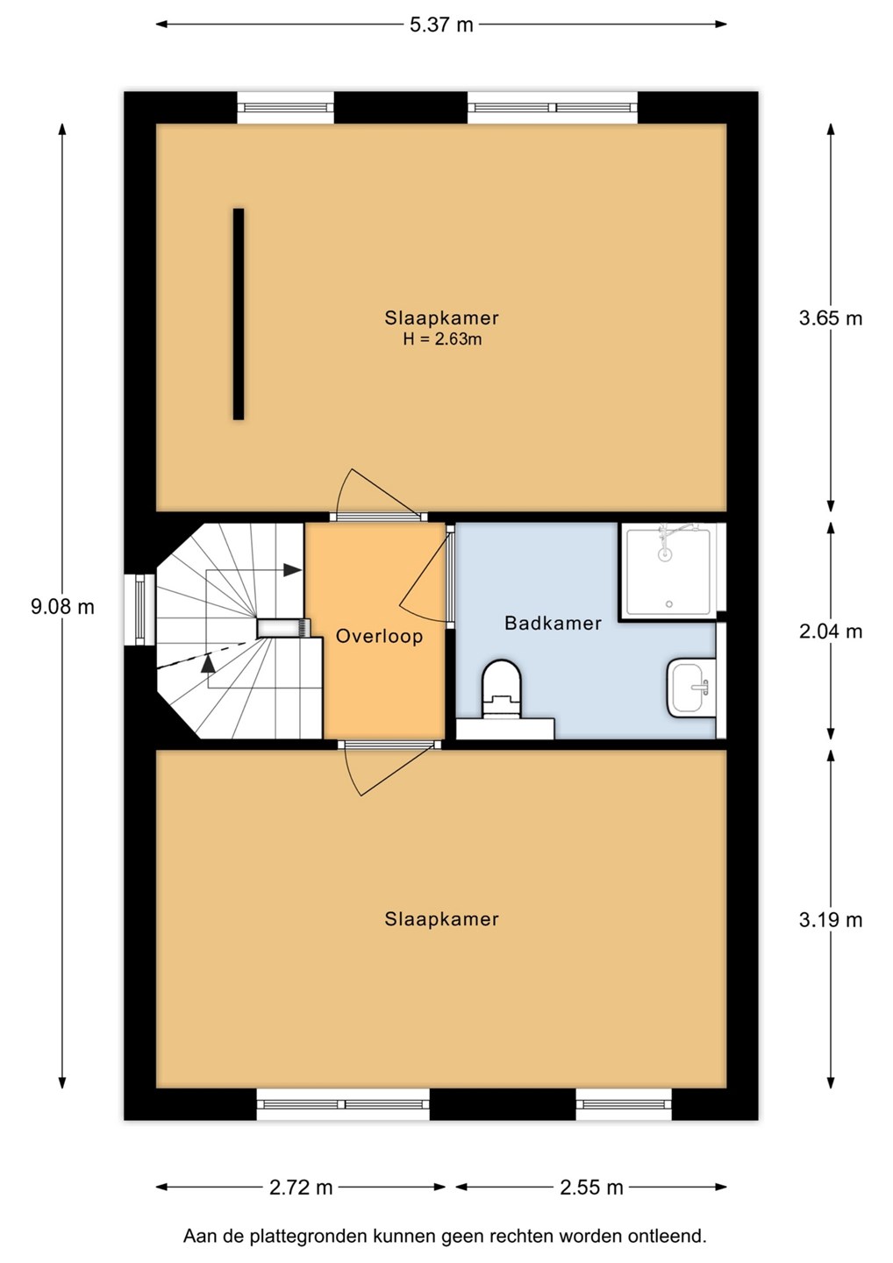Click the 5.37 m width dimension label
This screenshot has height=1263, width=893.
[x=441, y=25]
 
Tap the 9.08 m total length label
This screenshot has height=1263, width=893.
[x=62, y=607]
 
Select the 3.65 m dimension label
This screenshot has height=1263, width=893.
[x=831, y=318]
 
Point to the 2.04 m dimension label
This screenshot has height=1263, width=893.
[x=831, y=632]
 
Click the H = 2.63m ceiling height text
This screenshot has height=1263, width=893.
[x=442, y=339]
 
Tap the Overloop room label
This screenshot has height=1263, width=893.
[x=380, y=637]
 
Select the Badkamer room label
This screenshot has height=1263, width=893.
[x=553, y=623]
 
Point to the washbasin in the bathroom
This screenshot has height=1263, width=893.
[x=691, y=688]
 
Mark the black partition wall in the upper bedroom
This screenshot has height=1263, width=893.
[x=239, y=314]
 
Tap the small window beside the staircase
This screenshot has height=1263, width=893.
[x=140, y=610]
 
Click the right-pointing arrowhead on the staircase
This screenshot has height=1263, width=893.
[x=293, y=570]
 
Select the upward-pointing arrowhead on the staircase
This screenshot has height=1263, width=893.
[x=208, y=662]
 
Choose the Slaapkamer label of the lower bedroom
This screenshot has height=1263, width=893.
[x=442, y=919]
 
